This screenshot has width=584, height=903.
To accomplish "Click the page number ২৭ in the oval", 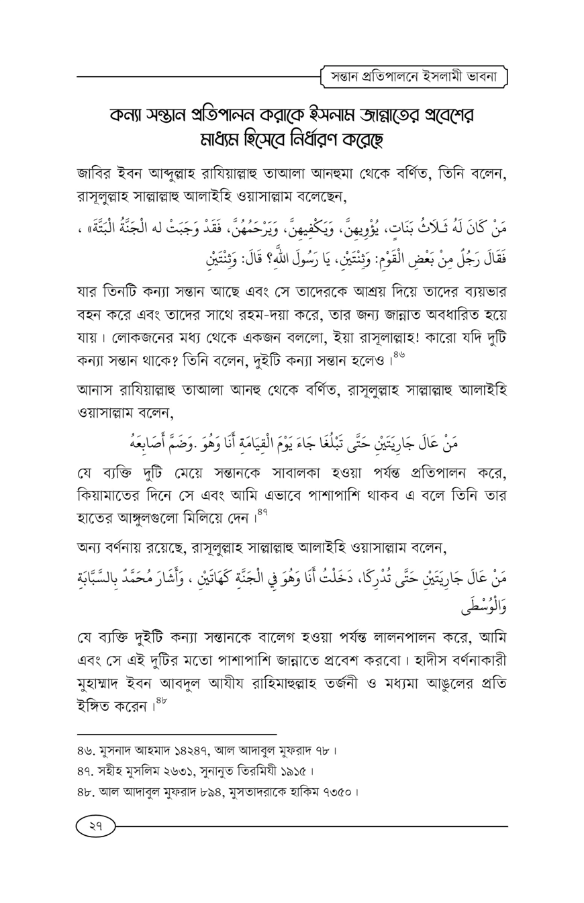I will pos(96,826).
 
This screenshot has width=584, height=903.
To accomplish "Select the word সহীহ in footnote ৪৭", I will pos(108,770).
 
